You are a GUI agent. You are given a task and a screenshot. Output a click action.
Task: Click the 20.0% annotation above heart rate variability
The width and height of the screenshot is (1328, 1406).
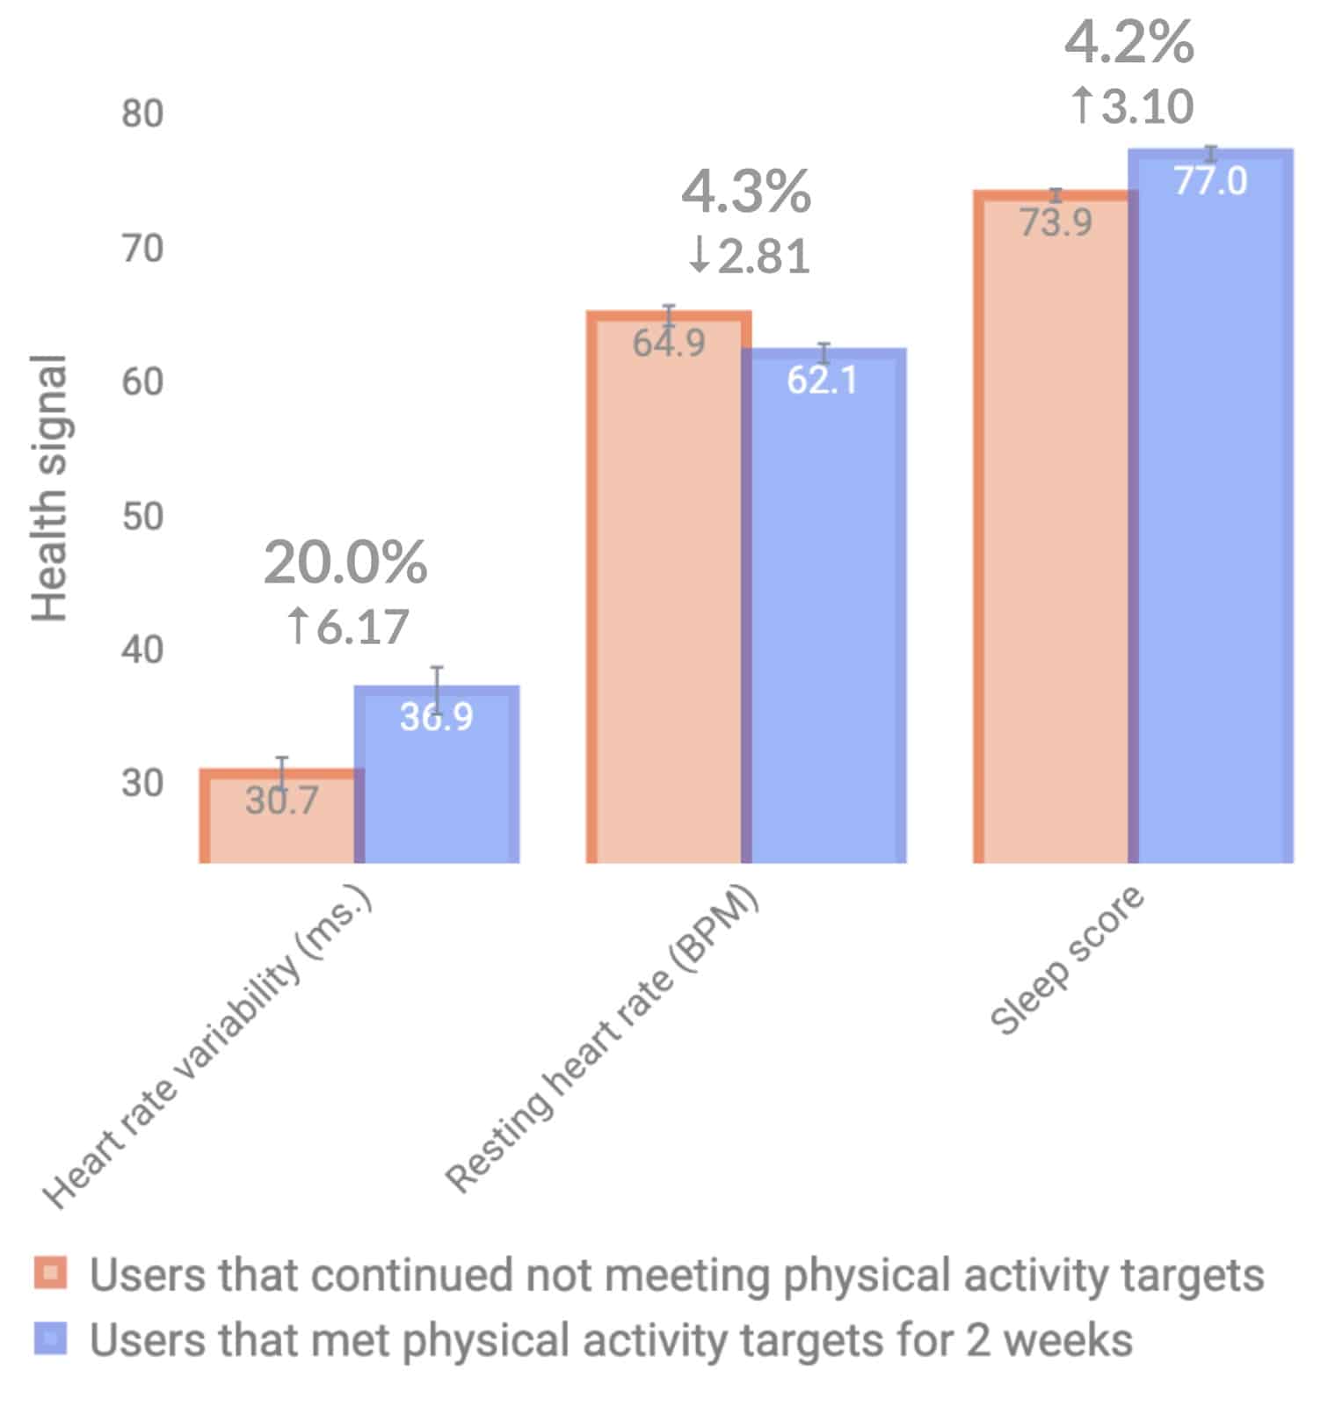[x=345, y=562]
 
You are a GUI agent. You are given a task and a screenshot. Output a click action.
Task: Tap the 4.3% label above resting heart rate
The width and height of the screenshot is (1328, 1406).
[x=745, y=192]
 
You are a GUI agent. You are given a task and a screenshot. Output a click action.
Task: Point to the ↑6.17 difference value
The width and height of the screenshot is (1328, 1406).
[x=348, y=627]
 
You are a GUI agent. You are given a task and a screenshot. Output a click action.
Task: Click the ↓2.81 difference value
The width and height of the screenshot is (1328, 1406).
[x=749, y=257]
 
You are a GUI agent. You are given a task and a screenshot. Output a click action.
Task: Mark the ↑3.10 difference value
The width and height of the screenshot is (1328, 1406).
[x=1132, y=106]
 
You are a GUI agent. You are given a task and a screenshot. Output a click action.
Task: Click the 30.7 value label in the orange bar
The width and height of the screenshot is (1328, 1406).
[x=281, y=801]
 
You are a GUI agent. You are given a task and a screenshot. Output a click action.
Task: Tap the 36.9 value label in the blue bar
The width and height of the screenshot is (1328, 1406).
[x=436, y=717]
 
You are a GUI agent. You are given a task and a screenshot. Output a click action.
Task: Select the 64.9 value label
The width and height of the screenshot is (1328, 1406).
[x=668, y=343]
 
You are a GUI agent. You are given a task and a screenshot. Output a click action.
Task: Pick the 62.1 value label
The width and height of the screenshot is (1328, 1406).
[x=822, y=380]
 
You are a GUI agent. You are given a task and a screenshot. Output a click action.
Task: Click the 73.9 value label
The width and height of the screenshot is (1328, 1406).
[x=1056, y=222]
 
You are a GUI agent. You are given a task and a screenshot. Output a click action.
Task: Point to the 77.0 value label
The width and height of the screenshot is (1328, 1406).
[x=1210, y=181]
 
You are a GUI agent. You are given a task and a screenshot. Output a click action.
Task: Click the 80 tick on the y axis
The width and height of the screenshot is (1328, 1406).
[x=142, y=114]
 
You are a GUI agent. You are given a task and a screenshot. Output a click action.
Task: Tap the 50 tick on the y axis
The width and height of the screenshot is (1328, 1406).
[x=142, y=517]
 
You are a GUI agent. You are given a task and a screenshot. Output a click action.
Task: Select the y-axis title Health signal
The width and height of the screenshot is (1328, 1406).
[x=49, y=489]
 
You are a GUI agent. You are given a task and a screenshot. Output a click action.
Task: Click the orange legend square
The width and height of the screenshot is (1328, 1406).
[x=51, y=1273]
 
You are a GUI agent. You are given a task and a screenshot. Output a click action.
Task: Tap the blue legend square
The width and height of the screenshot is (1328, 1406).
[x=51, y=1338]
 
